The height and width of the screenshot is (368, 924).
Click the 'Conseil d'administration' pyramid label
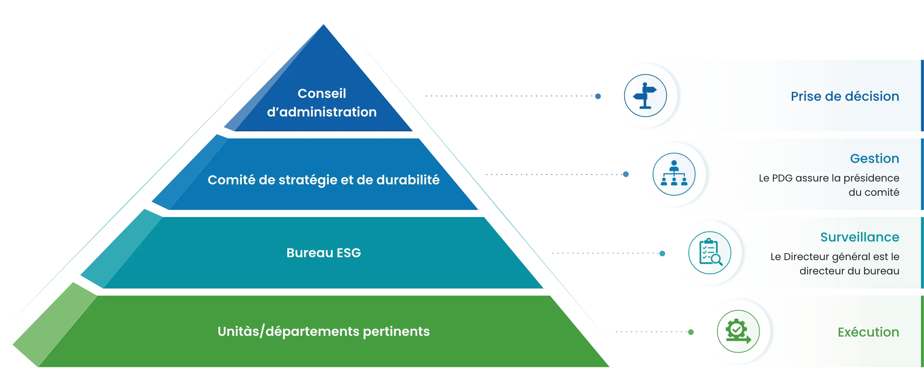322,103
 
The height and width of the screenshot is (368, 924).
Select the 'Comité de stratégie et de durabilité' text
324,180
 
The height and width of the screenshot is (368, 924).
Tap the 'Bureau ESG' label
324,253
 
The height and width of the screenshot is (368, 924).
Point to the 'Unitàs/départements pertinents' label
324,331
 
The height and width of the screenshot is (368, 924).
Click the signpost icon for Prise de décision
645,96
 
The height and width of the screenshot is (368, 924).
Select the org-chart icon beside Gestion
674,174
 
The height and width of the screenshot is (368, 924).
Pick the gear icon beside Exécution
738,331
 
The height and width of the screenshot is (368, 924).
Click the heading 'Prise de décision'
845,96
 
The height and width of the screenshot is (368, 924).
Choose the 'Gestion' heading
874,158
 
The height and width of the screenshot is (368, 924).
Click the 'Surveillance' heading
860,237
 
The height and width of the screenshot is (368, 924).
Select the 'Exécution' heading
868,332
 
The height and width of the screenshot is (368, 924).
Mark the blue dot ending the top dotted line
598,96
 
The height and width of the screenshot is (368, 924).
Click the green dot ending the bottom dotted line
691,332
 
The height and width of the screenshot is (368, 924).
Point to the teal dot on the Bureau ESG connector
662,254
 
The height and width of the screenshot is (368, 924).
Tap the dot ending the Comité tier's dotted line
626,174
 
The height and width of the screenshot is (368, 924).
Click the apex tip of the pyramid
324,24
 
